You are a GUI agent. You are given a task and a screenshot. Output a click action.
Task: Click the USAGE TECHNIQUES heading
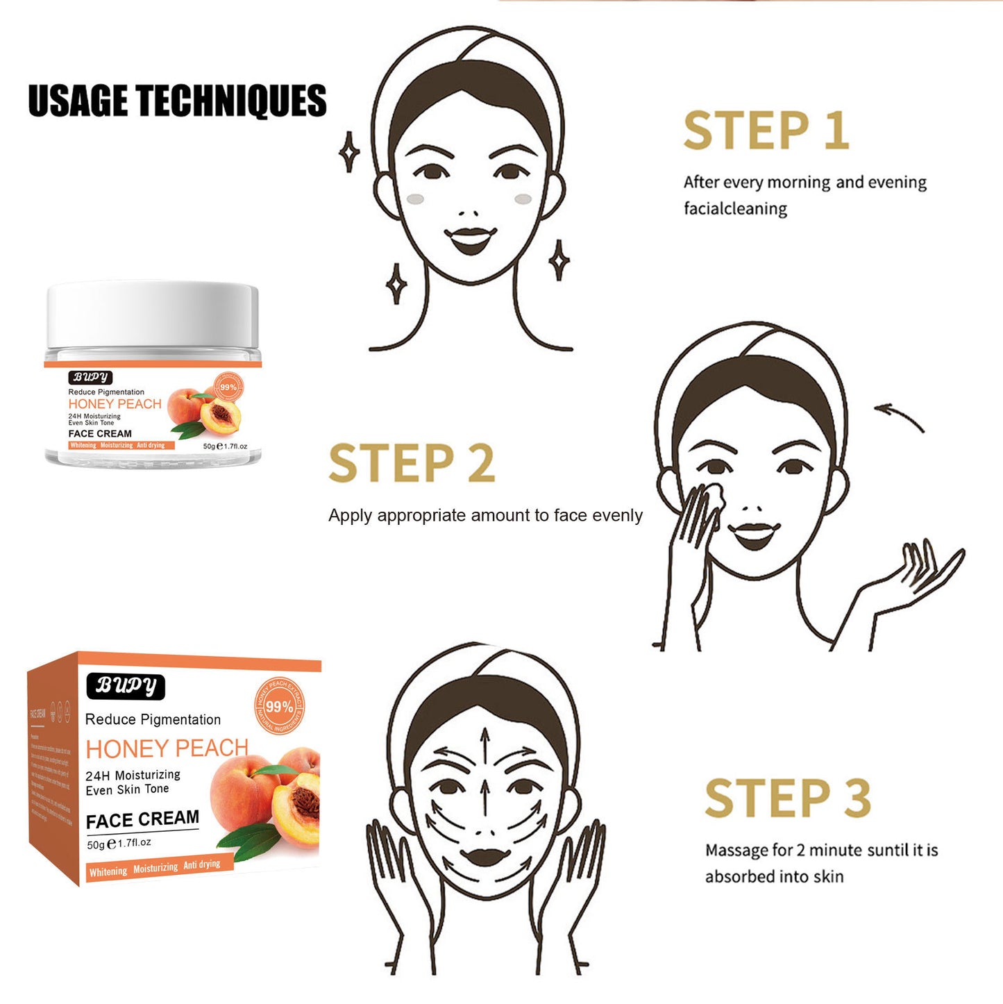[177, 101]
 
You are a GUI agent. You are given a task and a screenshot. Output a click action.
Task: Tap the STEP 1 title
[766, 131]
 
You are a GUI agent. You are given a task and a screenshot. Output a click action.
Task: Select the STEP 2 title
[411, 464]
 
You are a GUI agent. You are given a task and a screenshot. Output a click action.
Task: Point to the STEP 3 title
[787, 798]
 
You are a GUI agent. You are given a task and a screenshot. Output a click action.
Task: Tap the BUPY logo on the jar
[90, 377]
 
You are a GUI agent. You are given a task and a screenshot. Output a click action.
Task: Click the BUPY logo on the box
[126, 686]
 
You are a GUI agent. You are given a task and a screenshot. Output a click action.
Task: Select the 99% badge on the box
[279, 706]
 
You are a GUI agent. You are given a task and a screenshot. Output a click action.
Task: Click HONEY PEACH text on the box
[167, 748]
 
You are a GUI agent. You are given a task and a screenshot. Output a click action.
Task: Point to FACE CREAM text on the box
[142, 820]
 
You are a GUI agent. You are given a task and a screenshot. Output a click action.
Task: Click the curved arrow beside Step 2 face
[900, 417]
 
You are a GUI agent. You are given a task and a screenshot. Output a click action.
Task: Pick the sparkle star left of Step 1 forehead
[349, 151]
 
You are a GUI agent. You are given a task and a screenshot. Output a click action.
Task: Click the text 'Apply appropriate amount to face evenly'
[485, 516]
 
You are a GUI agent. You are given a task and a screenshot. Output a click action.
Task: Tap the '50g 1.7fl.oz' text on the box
[119, 844]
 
